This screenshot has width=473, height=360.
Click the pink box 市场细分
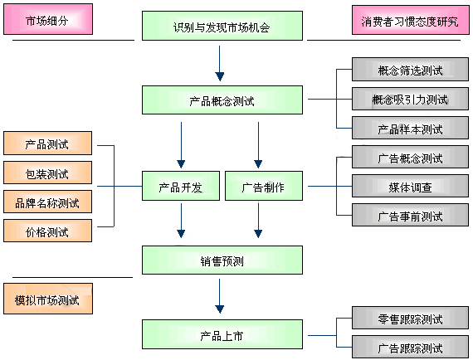[x=48, y=19]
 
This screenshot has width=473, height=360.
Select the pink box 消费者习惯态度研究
[x=410, y=20]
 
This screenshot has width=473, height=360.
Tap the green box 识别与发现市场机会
[x=222, y=26]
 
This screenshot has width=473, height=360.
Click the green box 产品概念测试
[x=222, y=100]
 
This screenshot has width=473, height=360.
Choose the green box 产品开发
[x=181, y=186]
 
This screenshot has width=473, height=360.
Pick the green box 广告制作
[x=264, y=186]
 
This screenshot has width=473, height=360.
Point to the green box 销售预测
[x=222, y=260]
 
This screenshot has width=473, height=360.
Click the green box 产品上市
[x=222, y=334]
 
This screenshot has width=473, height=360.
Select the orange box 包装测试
[x=47, y=173]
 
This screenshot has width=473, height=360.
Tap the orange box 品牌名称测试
[x=47, y=202]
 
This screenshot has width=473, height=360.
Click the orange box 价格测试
[x=47, y=231]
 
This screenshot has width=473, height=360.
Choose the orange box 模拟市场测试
[x=48, y=299]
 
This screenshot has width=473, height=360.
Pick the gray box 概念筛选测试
[x=410, y=70]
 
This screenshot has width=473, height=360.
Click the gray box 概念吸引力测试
[x=410, y=99]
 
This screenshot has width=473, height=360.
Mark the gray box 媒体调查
[x=410, y=186]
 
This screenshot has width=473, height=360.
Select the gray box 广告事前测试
[x=410, y=215]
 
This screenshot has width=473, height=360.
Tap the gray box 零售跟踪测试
[x=410, y=318]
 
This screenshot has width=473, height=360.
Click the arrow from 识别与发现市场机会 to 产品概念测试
[x=220, y=63]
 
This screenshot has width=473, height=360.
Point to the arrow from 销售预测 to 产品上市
[x=220, y=296]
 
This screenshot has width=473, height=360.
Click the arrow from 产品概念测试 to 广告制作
[x=258, y=145]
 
